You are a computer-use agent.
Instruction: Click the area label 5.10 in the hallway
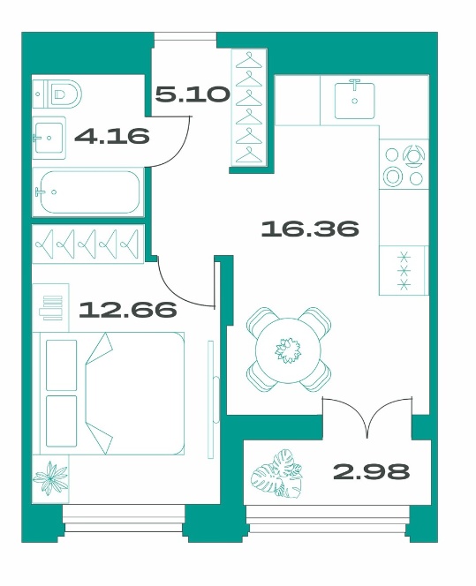click(193, 94)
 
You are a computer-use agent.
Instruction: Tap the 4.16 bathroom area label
click(112, 136)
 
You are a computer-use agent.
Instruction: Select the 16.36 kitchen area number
click(310, 229)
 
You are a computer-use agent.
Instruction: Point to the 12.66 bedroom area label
click(128, 310)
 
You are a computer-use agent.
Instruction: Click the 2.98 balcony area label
click(371, 471)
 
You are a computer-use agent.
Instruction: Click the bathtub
click(88, 192)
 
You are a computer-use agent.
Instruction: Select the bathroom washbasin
click(49, 138)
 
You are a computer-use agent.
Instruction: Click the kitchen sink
click(354, 100)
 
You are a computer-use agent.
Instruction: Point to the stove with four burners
click(404, 164)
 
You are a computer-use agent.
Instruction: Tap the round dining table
click(288, 350)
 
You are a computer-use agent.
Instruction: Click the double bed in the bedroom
click(111, 393)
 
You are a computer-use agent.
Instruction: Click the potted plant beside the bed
click(50, 478)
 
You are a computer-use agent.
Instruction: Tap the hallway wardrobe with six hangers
click(249, 108)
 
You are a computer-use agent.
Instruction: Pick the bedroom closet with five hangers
click(88, 244)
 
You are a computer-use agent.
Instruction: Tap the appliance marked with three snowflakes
click(404, 271)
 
